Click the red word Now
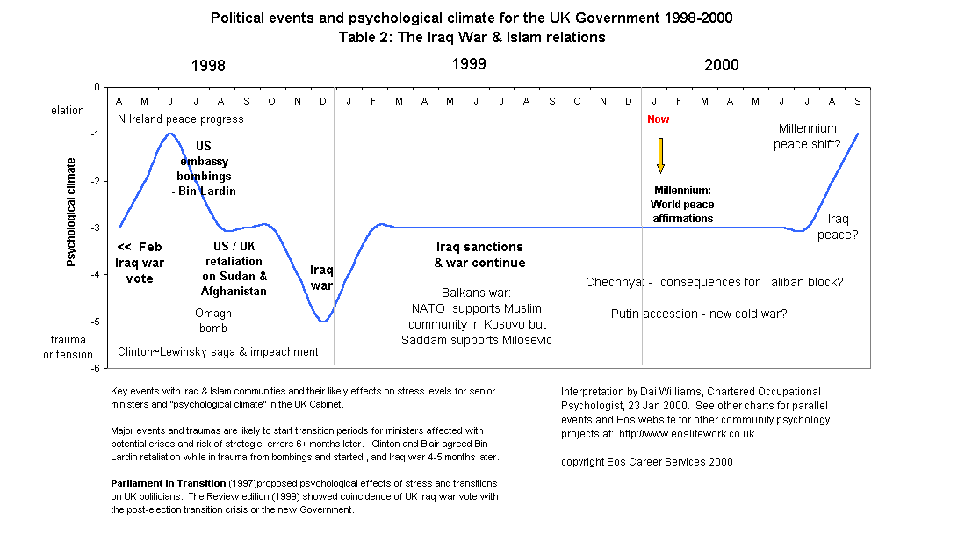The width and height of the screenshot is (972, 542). point(658,119)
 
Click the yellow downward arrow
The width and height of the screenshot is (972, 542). point(660,155)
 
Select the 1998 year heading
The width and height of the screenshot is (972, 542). point(208,66)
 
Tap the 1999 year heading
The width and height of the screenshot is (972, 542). point(469,64)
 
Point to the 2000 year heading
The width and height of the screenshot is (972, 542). point(722,65)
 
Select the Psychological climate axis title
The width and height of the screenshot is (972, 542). point(72,212)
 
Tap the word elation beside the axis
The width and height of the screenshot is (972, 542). point(68,111)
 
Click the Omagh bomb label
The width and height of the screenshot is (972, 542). point(212,321)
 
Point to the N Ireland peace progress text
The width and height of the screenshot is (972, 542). point(181,119)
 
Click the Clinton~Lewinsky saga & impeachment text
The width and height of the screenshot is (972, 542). point(218,351)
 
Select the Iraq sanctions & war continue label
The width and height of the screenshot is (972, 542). point(479,255)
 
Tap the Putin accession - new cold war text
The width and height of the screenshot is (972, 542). point(699,314)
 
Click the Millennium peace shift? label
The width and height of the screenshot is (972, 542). point(807,137)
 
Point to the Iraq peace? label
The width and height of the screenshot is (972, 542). point(838,228)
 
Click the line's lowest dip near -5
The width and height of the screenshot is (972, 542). point(324,322)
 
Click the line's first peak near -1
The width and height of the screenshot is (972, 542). point(169,134)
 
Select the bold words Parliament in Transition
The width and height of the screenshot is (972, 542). point(168,483)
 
